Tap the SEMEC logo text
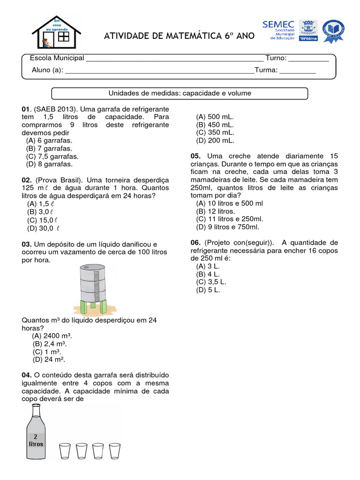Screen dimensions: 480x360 click(278, 24)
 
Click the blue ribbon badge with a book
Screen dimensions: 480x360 click(333, 31)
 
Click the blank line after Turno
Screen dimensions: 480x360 click(308, 59)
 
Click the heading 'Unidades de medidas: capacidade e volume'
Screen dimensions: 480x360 click(180, 93)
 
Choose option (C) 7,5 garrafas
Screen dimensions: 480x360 click(52, 157)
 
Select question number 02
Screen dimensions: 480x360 click(26, 180)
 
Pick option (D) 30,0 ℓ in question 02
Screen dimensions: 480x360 click(43, 228)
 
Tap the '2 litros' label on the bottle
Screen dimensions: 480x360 click(36, 441)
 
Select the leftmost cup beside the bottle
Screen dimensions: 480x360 click(65, 451)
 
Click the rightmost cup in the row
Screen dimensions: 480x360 click(114, 451)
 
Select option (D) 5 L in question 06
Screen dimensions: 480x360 click(208, 290)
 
